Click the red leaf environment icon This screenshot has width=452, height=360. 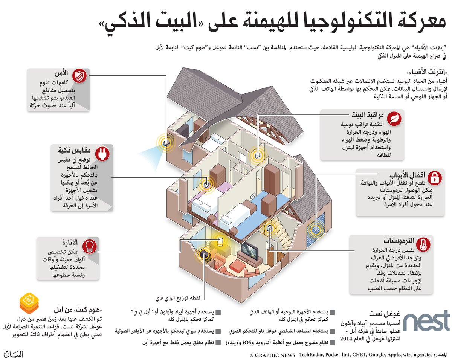[x=394, y=119]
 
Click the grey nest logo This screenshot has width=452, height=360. [x=427, y=321]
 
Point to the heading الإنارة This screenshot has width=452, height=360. [x=68, y=242]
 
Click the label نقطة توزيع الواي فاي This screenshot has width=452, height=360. [x=178, y=298]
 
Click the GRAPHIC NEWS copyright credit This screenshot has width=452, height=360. [x=272, y=355]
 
